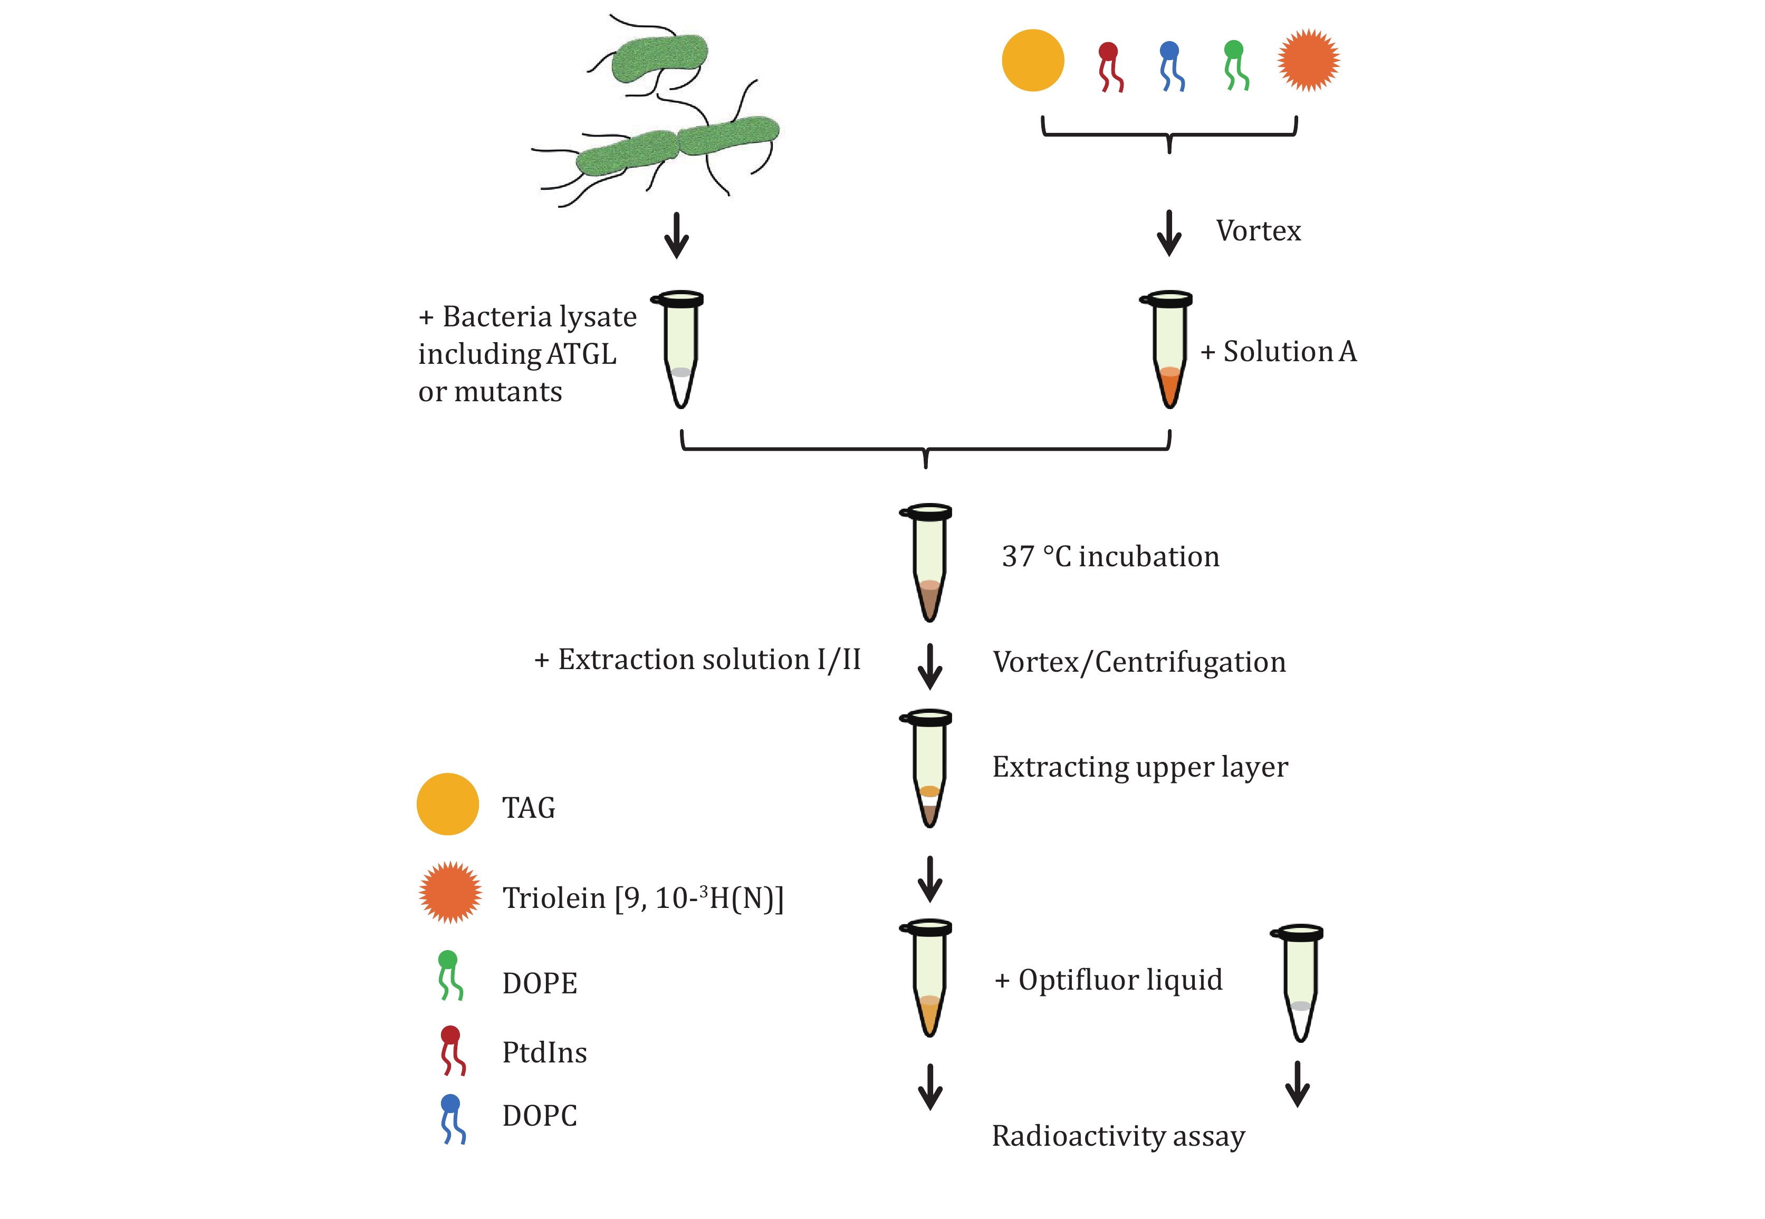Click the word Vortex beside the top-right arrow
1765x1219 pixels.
[x=1258, y=230]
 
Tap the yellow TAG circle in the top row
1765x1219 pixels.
[x=1032, y=60]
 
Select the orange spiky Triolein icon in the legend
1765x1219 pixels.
[x=450, y=892]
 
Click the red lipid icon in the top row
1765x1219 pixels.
[x=1109, y=67]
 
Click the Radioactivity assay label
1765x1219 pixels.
[x=1118, y=1136]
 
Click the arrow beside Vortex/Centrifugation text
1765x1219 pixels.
[x=929, y=666]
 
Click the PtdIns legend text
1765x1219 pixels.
[x=544, y=1052]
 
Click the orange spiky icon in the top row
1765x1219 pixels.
[x=1308, y=60]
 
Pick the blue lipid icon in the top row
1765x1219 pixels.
[x=1171, y=66]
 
